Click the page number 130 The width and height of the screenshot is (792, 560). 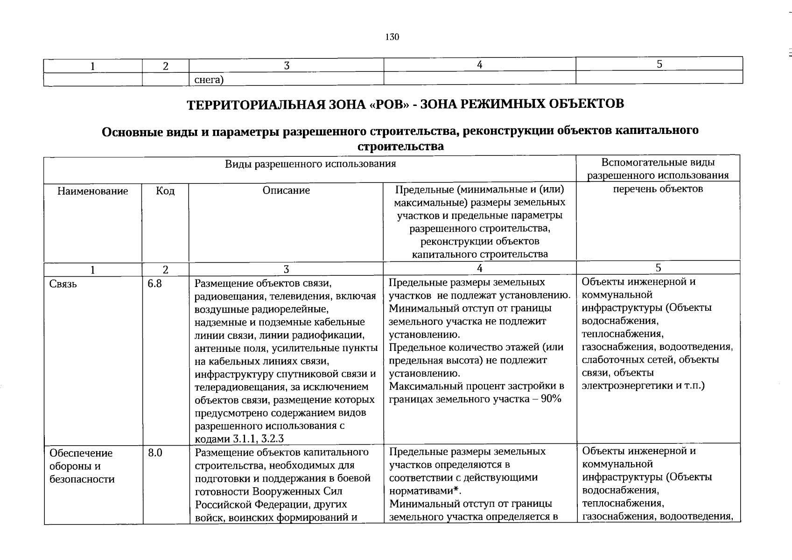tap(392, 37)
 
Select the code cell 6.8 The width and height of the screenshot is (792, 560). tap(154, 283)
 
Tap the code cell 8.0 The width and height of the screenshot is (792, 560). tap(155, 453)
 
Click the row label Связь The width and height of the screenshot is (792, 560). tap(63, 284)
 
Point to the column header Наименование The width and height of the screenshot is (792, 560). tap(92, 191)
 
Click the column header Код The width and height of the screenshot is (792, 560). tap(165, 191)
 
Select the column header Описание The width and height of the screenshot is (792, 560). tap(286, 190)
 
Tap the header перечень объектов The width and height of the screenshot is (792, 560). tap(658, 189)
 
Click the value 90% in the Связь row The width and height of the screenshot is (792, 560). tap(551, 399)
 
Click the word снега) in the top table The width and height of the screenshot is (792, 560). tap(209, 80)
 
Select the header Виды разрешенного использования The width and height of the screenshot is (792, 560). tap(310, 164)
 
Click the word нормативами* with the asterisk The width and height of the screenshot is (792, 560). tap(425, 490)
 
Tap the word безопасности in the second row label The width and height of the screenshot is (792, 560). tap(82, 479)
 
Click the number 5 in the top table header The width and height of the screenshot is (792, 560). tap(659, 64)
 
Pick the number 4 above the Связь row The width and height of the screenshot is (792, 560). tap(479, 268)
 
